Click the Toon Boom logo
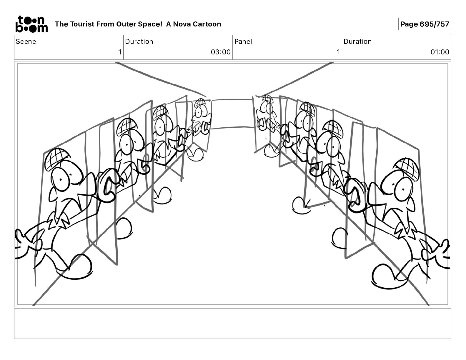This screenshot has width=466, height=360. point(31,24)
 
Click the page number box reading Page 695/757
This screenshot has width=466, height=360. point(425,24)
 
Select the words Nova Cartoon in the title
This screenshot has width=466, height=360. point(197,24)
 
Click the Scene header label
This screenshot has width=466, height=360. point(26,41)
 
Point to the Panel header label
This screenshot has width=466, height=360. point(243,41)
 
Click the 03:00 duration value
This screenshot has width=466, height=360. point(220,52)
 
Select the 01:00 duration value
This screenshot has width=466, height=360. point(440,52)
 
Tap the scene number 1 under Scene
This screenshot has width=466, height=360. point(119,52)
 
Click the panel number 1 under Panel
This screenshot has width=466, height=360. point(338,52)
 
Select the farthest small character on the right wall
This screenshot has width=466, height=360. point(266,115)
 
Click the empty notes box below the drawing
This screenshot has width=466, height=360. point(232,324)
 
